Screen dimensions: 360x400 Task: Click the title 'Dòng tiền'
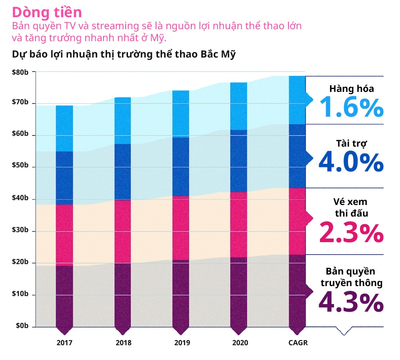pos(47,12)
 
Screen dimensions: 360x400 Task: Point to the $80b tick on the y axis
pos(20,72)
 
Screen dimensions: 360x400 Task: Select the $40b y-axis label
pos(20,199)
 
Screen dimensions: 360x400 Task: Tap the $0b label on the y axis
pos(22,326)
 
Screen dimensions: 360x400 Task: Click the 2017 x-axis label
pos(64,343)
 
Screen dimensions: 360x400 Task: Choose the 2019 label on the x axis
pos(182,343)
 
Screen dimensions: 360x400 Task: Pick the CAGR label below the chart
pos(298,343)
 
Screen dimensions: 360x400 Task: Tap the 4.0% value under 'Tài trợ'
pos(352,162)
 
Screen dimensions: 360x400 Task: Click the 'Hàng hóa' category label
pos(352,89)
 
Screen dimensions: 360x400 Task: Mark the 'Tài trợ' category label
pos(352,143)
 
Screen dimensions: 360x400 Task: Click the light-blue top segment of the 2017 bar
pos(64,128)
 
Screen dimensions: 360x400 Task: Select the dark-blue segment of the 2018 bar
pos(123,172)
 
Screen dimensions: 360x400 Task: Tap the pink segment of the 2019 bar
pos(182,228)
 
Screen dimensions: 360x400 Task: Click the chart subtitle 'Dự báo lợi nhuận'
pos(124,54)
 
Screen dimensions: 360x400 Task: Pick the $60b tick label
pos(20,135)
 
